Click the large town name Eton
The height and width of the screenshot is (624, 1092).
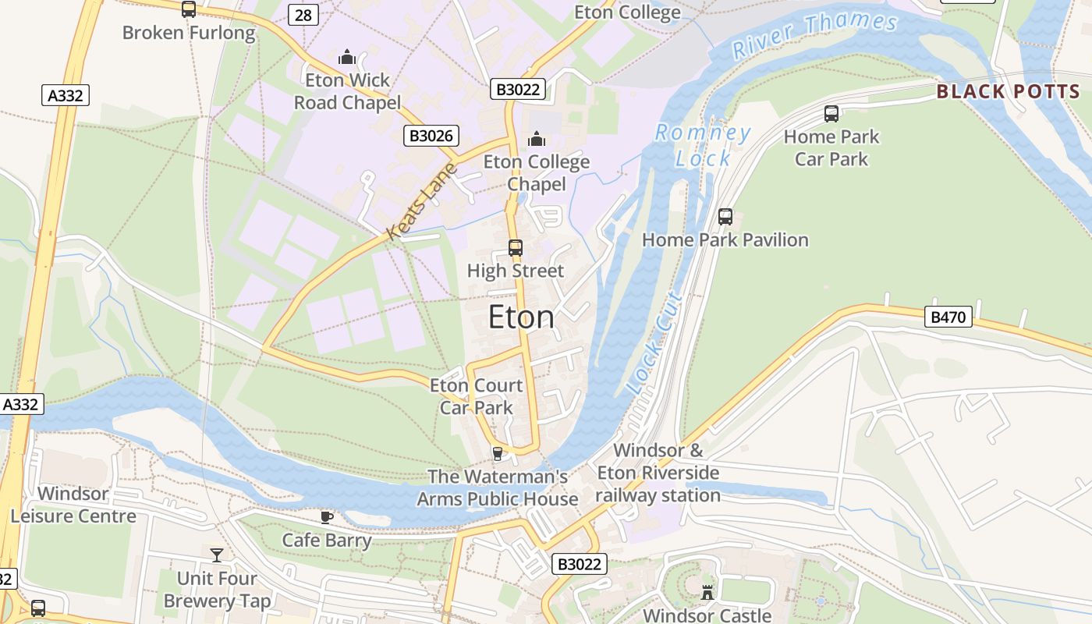pyautogui.click(x=521, y=317)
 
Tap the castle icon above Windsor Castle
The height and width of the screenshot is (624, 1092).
pyautogui.click(x=707, y=592)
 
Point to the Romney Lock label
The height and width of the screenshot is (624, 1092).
pyautogui.click(x=703, y=145)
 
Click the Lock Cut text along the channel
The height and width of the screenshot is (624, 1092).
pyautogui.click(x=654, y=343)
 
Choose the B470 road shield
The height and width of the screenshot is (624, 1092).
pyautogui.click(x=948, y=317)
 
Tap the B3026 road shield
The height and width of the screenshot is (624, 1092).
pyautogui.click(x=431, y=136)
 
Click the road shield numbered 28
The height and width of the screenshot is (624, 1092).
pyautogui.click(x=303, y=15)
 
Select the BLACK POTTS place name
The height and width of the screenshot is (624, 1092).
pyautogui.click(x=1008, y=91)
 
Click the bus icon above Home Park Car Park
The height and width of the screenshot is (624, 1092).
pyautogui.click(x=831, y=114)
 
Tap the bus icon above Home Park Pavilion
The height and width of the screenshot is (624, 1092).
pyautogui.click(x=725, y=217)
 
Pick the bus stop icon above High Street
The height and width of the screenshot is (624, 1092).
pyautogui.click(x=515, y=248)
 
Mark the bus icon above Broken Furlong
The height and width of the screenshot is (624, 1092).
pyautogui.click(x=189, y=9)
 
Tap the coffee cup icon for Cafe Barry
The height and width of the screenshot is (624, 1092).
pyautogui.click(x=327, y=517)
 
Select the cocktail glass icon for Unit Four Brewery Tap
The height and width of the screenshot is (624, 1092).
pyautogui.click(x=217, y=555)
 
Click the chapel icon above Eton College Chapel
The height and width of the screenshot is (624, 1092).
pyautogui.click(x=536, y=139)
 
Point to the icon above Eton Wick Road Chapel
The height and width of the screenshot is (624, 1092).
pyautogui.click(x=347, y=57)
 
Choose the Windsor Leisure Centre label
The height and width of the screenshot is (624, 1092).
pyautogui.click(x=73, y=505)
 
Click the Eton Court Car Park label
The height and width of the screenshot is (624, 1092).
pyautogui.click(x=476, y=396)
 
